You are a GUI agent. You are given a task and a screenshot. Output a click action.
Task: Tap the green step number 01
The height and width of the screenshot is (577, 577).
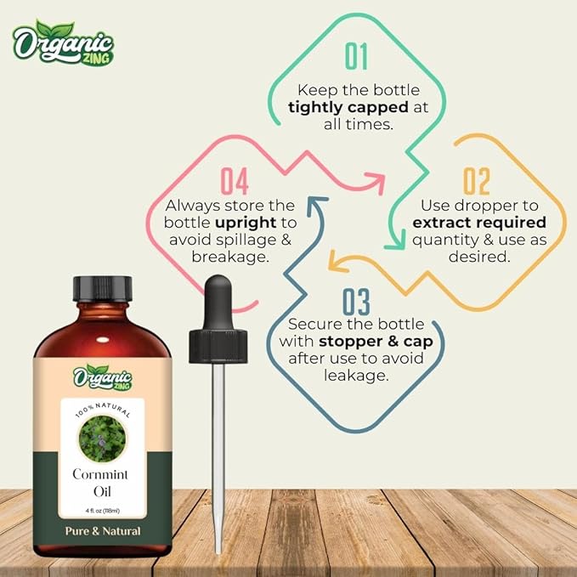(357, 56)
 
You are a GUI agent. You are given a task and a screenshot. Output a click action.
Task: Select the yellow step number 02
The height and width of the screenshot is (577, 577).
(477, 181)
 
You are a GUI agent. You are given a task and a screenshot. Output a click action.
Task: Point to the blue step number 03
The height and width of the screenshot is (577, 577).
(357, 302)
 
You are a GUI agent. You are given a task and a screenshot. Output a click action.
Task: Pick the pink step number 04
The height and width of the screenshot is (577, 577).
(234, 181)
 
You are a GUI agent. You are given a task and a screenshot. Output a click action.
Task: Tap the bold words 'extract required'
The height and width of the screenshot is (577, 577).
(478, 223)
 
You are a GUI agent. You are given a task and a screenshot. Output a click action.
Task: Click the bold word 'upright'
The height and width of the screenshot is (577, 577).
(245, 223)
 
